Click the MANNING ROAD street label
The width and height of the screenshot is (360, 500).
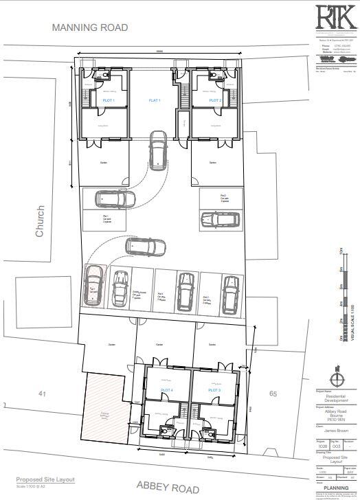90,27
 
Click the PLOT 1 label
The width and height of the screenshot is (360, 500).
109,101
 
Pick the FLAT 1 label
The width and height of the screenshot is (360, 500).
155,101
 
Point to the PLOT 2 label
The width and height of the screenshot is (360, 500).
215,101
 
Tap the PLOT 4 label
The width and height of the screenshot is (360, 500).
167,390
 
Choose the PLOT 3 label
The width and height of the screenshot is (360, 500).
214,390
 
